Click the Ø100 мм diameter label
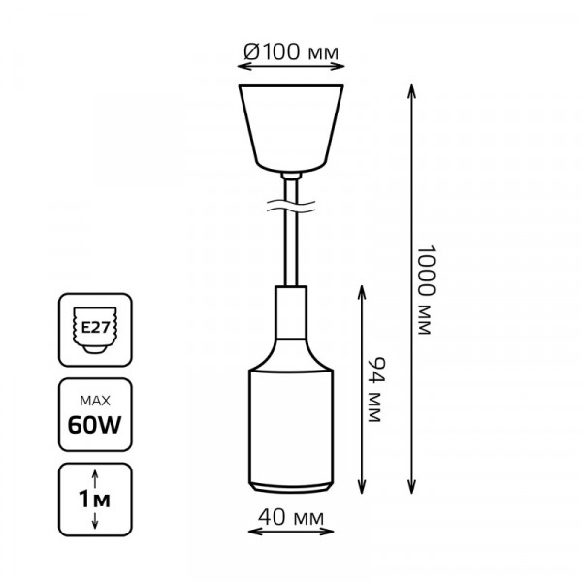(291, 51)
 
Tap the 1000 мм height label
(424, 289)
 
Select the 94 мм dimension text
(374, 389)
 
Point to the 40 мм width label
(291, 517)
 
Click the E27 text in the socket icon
(95, 328)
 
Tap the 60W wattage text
(95, 425)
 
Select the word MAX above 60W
(95, 401)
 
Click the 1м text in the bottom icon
(95, 500)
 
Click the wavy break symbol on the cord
(291, 207)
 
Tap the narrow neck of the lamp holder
(291, 312)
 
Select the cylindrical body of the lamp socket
(291, 426)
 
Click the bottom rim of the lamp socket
(291, 487)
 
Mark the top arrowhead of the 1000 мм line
(411, 91)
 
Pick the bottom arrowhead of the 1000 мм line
(411, 487)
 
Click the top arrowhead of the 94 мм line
(362, 293)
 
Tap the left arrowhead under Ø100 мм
(244, 66)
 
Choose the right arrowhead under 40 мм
(327, 532)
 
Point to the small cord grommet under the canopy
(291, 176)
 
